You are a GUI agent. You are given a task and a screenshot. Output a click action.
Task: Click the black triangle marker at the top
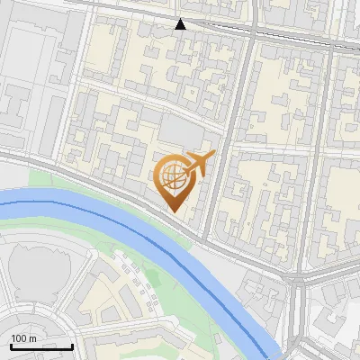181,24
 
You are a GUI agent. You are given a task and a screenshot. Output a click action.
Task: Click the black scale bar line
41,346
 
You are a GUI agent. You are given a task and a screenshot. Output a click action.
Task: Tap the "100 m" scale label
23,339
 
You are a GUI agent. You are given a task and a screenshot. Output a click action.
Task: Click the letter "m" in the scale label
32,339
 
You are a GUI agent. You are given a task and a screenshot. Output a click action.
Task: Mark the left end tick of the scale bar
11,345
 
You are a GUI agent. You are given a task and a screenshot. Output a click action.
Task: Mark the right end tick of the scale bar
72,345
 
